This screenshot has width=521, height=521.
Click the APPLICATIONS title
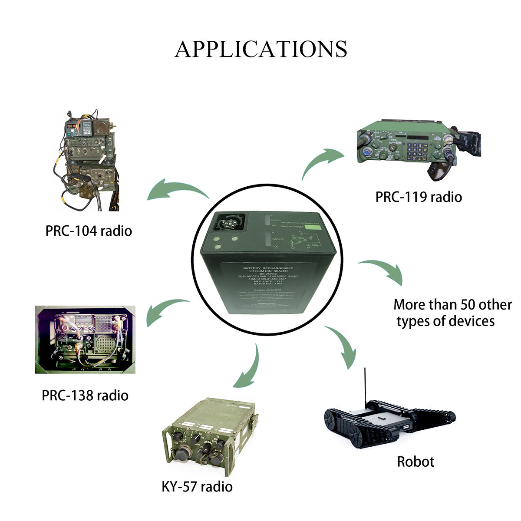coord(261,49)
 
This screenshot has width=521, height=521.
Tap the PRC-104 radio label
coord(89,231)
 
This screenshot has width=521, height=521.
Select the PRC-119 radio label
coord(419,197)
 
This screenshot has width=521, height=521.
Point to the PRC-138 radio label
coord(85,396)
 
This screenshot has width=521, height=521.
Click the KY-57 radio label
coord(197,486)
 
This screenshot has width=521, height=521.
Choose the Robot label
coord(415,462)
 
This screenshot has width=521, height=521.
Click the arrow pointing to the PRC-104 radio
coord(177,190)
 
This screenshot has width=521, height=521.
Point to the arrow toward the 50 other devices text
coord(383,270)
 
